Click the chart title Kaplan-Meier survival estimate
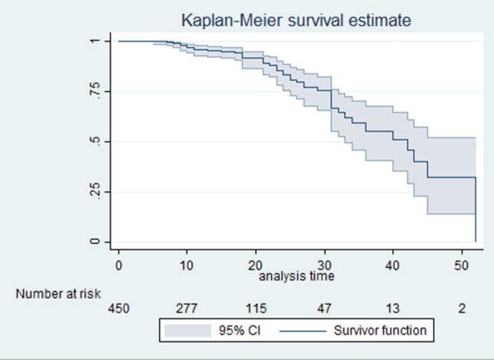[296, 21]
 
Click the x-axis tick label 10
[187, 266]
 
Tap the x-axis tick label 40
[392, 266]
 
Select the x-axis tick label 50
[461, 266]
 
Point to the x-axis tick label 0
[119, 266]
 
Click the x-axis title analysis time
[297, 276]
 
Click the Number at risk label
[58, 294]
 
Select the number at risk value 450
[119, 309]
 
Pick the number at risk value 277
[187, 309]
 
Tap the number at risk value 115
[256, 309]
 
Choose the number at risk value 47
[324, 309]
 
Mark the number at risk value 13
[392, 309]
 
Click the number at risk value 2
[462, 309]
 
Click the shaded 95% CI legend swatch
[188, 331]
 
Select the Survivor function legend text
[380, 331]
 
